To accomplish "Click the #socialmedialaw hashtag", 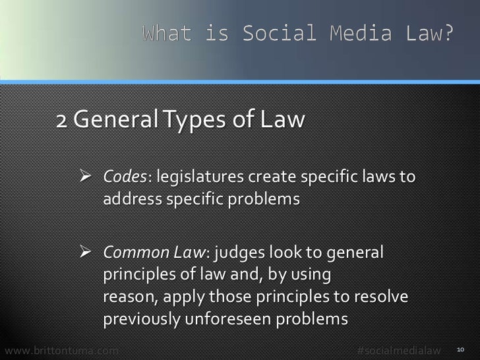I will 398,349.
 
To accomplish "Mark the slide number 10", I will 461,349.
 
